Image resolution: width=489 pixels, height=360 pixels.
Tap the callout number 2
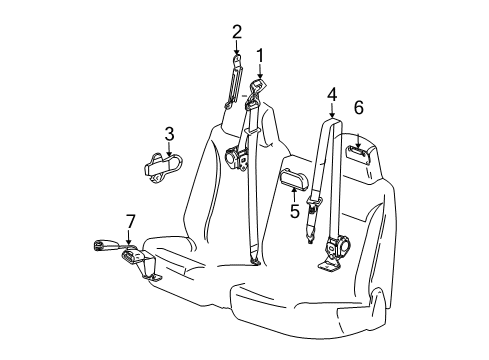tap(237, 31)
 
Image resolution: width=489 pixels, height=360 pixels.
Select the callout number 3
tap(169, 133)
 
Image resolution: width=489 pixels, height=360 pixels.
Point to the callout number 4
tap(331, 95)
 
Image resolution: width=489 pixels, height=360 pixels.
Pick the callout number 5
tap(294, 211)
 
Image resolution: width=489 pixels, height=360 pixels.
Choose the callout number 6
tap(358, 107)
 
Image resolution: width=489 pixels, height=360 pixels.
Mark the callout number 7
tap(129, 221)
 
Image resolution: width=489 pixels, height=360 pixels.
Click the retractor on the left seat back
tap(238, 157)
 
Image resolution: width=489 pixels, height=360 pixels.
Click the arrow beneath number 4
tap(331, 112)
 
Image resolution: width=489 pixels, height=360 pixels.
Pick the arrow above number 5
tap(294, 193)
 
